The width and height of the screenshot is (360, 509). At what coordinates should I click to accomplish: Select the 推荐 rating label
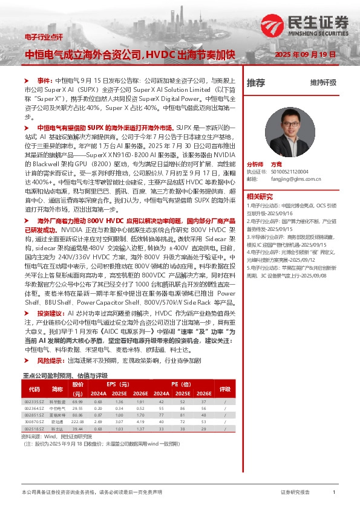256,83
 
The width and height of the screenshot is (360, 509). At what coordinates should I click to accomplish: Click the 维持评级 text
323,83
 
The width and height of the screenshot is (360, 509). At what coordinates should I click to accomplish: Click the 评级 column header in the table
224,389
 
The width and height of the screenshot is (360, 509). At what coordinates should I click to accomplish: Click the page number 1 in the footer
334,493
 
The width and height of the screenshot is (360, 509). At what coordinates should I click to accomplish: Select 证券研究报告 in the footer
295,493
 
